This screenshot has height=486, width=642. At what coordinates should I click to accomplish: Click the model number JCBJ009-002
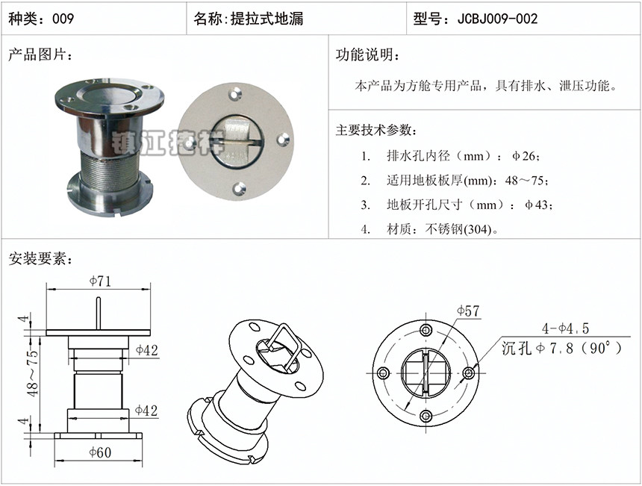(x=497, y=19)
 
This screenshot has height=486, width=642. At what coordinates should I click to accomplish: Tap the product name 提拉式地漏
(x=267, y=19)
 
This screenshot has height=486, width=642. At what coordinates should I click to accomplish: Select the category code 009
(x=63, y=19)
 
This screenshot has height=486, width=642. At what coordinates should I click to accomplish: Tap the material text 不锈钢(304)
(x=458, y=229)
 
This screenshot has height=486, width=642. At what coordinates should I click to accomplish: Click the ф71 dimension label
(x=100, y=281)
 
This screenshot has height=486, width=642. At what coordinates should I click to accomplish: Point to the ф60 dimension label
(x=100, y=452)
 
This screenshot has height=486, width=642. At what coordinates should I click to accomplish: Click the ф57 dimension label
(x=468, y=311)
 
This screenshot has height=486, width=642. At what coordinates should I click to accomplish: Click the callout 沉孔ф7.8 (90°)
(x=561, y=349)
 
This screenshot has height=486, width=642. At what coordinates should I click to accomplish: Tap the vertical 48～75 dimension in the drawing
(x=33, y=373)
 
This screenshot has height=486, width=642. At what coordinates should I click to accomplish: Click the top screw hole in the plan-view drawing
(x=426, y=330)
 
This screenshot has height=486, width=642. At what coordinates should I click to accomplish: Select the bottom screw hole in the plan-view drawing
(x=426, y=417)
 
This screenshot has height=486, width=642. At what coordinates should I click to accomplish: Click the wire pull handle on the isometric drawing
(x=285, y=345)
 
